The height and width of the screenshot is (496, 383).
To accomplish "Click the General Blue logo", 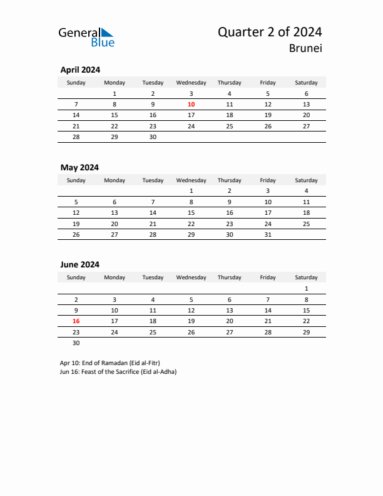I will [x=86, y=37].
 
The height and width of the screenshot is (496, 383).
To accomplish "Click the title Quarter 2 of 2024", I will [x=270, y=33].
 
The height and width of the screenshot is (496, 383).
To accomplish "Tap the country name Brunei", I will [x=307, y=49].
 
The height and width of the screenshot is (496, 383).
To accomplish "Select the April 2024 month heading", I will [x=80, y=70].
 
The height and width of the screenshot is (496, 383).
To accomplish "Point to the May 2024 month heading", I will [x=79, y=167].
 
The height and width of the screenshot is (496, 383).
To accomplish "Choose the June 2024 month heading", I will [x=79, y=265].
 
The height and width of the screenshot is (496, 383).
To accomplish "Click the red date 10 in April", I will [x=191, y=105].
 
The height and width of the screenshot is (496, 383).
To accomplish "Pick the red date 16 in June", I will [x=76, y=321].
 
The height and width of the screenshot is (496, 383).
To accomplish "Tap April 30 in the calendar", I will [x=153, y=137].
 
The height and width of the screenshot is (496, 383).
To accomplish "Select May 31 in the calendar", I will [x=268, y=234].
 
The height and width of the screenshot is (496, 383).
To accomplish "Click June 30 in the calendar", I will [x=76, y=343].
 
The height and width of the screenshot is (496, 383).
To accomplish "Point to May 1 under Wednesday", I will [x=191, y=191].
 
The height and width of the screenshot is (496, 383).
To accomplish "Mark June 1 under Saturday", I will [x=306, y=289].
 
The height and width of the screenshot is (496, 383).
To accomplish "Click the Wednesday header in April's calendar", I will [x=191, y=83].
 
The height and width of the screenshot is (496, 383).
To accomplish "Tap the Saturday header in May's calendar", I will [x=306, y=180].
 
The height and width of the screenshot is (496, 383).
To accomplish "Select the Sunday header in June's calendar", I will [x=76, y=277].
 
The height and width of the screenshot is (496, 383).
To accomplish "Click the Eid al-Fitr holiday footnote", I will [x=110, y=363].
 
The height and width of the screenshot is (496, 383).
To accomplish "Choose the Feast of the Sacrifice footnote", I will [x=118, y=372].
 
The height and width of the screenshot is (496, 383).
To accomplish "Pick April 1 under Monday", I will [x=114, y=94].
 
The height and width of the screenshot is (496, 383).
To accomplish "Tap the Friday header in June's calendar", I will [x=268, y=277].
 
